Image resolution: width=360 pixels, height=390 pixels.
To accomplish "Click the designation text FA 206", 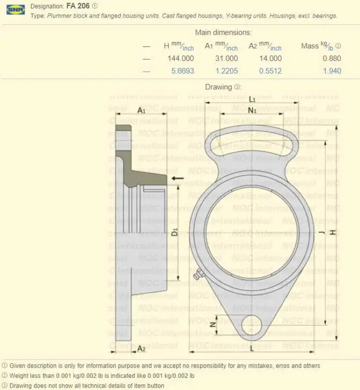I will pyautogui.click(x=79, y=6).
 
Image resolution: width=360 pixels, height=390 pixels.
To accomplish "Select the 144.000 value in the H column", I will pyautogui.click(x=180, y=59).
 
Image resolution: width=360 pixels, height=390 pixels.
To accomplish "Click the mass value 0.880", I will pyautogui.click(x=331, y=59).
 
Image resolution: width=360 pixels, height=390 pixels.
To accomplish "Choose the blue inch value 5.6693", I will pyautogui.click(x=180, y=71).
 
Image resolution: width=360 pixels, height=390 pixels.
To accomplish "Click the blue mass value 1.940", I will pyautogui.click(x=331, y=71).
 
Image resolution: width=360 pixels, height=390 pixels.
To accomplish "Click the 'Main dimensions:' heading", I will pyautogui.click(x=223, y=32).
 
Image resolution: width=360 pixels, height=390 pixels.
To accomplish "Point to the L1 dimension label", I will pyautogui.click(x=252, y=99).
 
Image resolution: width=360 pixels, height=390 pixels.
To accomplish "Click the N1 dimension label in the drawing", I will pyautogui.click(x=252, y=110).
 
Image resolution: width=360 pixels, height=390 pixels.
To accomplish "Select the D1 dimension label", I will pyautogui.click(x=174, y=231).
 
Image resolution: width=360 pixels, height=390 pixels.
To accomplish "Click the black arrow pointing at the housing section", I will pyautogui.click(x=177, y=179).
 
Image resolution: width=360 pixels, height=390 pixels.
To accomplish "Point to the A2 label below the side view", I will pyautogui.click(x=141, y=348).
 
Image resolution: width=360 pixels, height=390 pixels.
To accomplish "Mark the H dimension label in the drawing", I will pyautogui.click(x=332, y=232).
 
